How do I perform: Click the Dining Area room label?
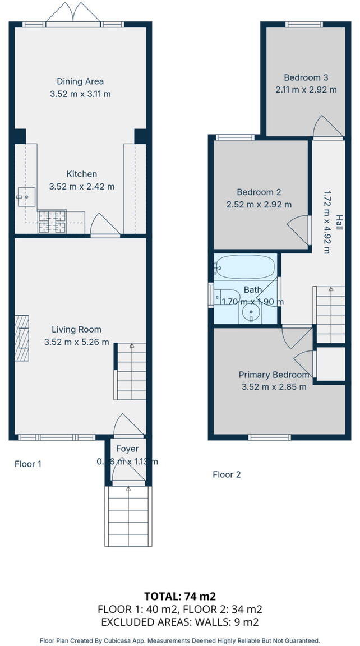pos(80,81)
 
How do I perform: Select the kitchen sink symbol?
pos(26,197)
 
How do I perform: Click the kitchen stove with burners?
pos(52,221)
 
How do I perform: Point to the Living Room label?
pos(76,329)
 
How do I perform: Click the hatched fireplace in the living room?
pos(21,338)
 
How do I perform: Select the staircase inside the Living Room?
pos(131,371)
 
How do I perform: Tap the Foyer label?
pos(127,449)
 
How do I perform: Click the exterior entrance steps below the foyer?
pos(128,516)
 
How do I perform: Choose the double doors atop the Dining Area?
pos(73,13)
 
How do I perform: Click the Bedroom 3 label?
pos(306,77)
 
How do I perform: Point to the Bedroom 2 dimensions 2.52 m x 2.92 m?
pos(259,205)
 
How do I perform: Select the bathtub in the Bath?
pos(246,267)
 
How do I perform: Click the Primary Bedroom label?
pos(274,375)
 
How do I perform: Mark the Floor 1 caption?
pos(28,464)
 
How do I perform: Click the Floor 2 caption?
pos(227,474)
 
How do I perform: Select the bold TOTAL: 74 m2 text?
pos(180,596)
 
